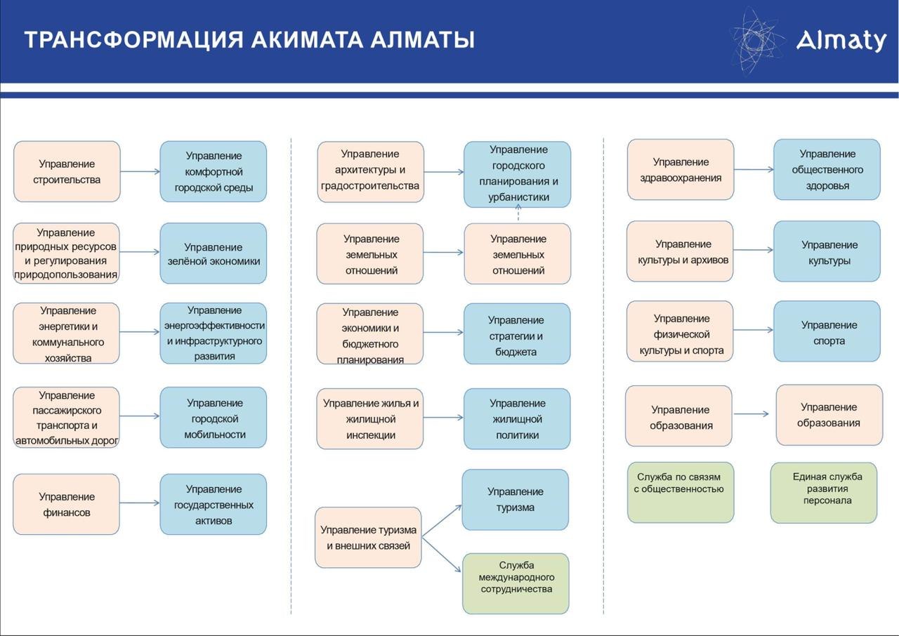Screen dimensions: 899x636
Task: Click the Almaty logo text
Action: pos(841,41)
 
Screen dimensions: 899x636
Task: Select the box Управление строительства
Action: pos(67,171)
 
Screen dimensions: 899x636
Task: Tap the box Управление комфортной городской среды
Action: pos(214,171)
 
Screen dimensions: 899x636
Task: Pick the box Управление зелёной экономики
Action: pos(214,253)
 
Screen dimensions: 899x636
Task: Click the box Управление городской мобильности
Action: pos(214,418)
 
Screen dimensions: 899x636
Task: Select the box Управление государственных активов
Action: pos(214,505)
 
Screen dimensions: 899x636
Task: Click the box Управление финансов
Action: pos(66,505)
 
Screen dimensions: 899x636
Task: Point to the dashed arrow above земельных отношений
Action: pos(518,213)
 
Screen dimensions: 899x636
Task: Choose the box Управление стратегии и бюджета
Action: pos(517,333)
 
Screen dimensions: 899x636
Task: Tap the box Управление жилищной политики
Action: pos(517,418)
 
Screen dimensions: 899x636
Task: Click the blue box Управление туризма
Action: pos(516,500)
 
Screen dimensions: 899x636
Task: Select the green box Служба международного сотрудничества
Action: pos(516,583)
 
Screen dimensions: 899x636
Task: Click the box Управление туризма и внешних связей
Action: pos(368,537)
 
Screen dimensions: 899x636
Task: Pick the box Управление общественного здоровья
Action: pos(827,169)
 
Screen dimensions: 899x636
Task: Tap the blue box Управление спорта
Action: pos(827,331)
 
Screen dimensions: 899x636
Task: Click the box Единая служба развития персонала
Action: pos(824,493)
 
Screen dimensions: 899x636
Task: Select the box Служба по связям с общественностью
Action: pos(681,492)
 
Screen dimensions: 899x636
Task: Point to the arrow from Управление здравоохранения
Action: pos(754,169)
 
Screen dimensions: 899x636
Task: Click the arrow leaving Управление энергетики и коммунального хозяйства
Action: pos(140,331)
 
